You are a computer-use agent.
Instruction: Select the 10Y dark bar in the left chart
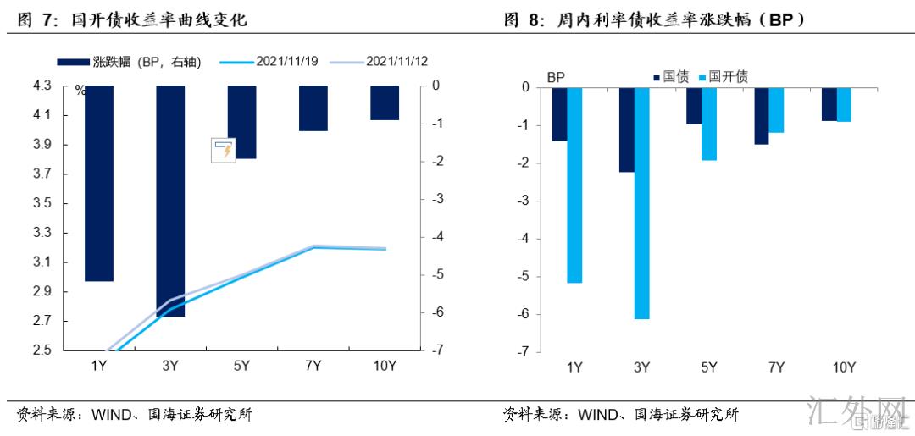coord(385,102)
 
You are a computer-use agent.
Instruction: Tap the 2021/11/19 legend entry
coord(269,62)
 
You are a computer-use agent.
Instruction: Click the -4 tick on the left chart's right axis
coord(435,237)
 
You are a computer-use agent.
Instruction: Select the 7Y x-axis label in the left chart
coord(313,366)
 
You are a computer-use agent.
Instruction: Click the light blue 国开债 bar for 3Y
coord(641,202)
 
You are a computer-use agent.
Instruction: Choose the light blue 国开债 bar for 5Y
coord(709,124)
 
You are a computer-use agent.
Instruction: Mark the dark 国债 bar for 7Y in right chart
coord(762,115)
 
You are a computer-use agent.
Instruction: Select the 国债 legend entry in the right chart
coord(668,76)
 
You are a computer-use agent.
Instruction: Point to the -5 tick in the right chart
coord(524,276)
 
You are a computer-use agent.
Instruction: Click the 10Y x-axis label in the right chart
coord(844,367)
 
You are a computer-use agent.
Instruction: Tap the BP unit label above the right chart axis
coord(557,77)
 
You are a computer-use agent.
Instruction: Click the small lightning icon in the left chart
coord(222,151)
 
